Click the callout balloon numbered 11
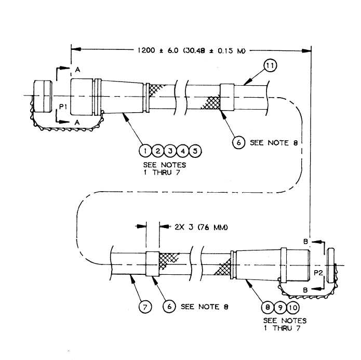click(x=270, y=66)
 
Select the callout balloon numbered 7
click(x=145, y=307)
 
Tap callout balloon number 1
click(x=145, y=151)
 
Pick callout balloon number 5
click(x=195, y=151)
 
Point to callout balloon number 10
click(x=293, y=308)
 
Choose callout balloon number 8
click(x=268, y=308)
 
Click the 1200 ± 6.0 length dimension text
click(x=192, y=50)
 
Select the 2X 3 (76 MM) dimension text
click(x=201, y=228)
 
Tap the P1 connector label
click(x=63, y=106)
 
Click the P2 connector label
click(x=318, y=273)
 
